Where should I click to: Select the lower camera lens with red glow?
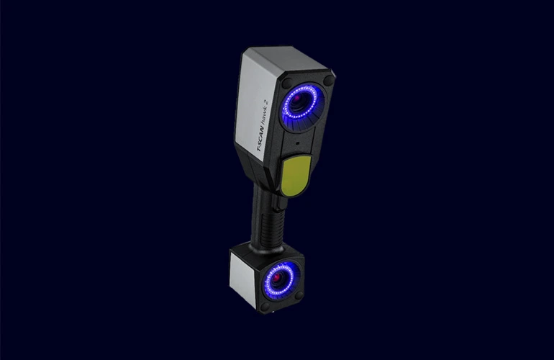coord(278,278)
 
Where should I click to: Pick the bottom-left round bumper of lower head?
coord(263,306)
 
